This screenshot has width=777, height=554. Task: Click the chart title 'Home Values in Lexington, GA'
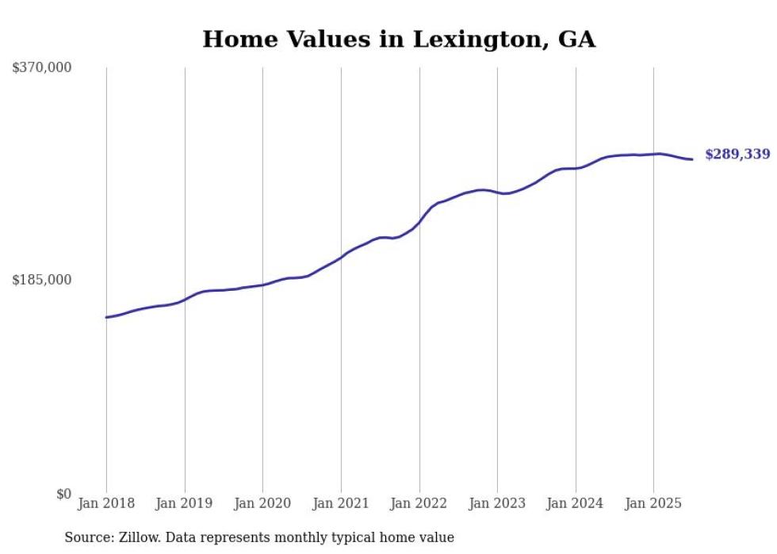click(x=399, y=39)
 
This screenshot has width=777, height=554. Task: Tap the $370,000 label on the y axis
click(x=42, y=68)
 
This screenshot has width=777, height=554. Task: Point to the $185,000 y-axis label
click(x=42, y=280)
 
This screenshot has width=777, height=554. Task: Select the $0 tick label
click(x=63, y=494)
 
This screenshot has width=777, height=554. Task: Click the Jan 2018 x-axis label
click(x=106, y=503)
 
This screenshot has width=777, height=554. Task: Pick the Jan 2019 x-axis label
click(x=185, y=503)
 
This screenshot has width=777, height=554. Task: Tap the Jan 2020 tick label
click(x=262, y=503)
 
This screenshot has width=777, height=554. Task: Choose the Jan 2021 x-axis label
click(x=341, y=503)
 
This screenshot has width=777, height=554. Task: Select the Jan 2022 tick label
click(x=419, y=503)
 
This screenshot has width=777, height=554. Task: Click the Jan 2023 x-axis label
click(x=497, y=503)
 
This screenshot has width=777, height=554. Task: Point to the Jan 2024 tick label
click(x=576, y=503)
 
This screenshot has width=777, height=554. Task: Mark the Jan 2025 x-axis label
click(x=653, y=503)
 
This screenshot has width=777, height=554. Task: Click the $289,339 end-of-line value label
click(x=737, y=155)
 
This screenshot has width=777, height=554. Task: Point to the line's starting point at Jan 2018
click(x=106, y=317)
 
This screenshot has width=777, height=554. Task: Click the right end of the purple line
click(x=692, y=159)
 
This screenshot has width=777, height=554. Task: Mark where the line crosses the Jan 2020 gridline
click(x=262, y=285)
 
